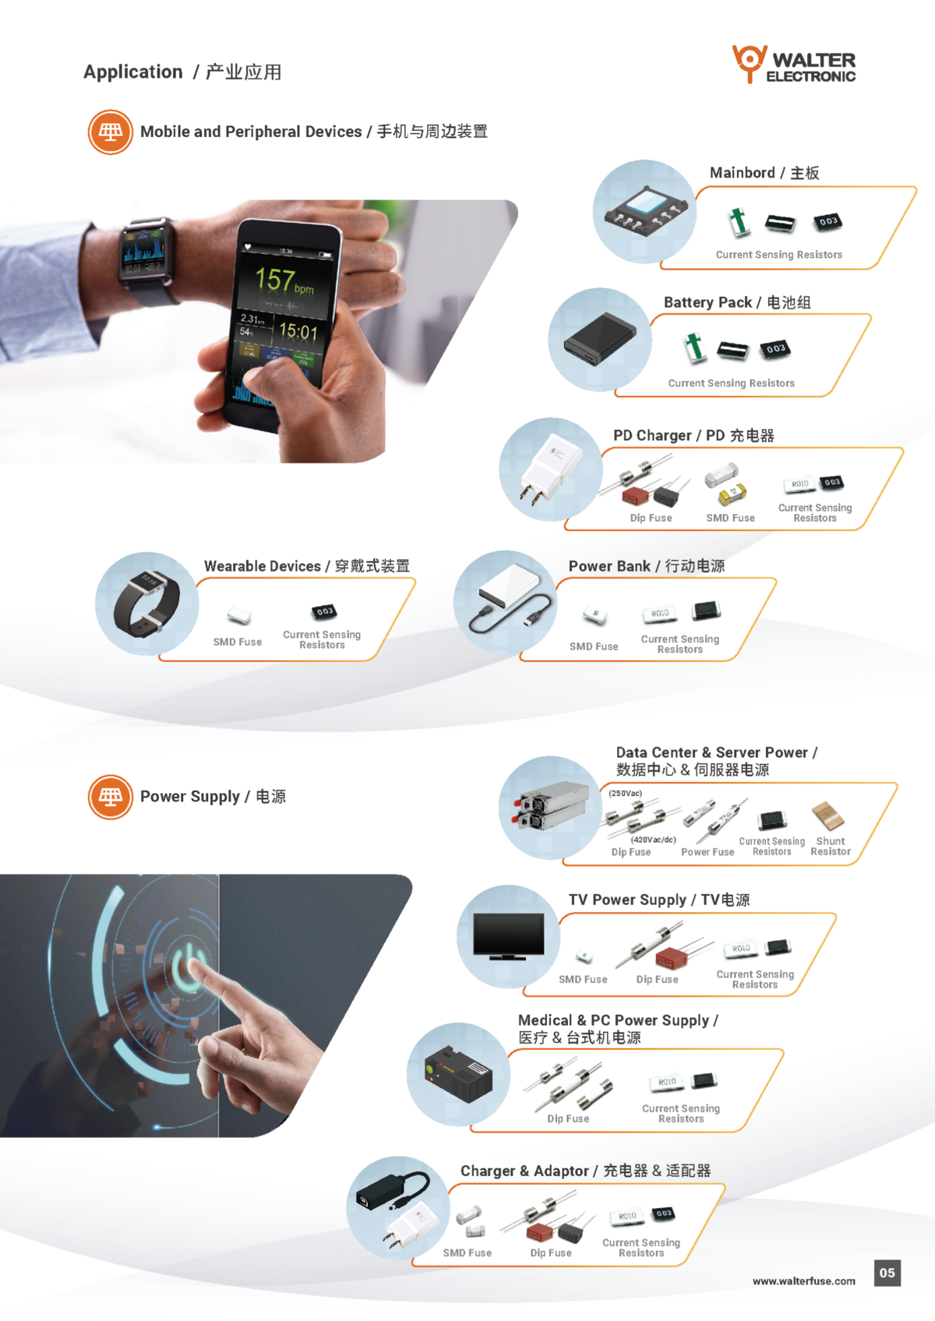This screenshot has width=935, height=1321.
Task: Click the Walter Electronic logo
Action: [x=793, y=64]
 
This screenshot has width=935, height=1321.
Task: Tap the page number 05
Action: [x=887, y=1273]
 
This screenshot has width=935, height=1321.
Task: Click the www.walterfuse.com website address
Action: [x=803, y=1281]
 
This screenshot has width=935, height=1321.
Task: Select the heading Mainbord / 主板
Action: [x=764, y=173]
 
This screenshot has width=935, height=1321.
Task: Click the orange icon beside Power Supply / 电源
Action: [x=111, y=797]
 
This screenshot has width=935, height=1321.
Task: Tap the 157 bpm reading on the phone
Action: [x=284, y=280]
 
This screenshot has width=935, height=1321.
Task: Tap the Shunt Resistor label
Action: [x=831, y=846]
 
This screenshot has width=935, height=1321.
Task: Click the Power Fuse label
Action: [x=707, y=852]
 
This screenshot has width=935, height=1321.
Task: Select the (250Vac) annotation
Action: [x=626, y=793]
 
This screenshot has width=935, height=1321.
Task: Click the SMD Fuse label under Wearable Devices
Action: [x=237, y=642]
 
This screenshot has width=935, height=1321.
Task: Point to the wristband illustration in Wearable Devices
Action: [x=146, y=604]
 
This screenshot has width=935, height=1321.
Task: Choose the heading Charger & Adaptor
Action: [x=524, y=1171]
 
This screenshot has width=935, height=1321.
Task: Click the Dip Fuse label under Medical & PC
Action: [x=568, y=1118]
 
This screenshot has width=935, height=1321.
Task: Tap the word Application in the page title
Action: [x=132, y=72]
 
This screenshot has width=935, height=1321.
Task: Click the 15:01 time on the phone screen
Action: [x=298, y=331]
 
